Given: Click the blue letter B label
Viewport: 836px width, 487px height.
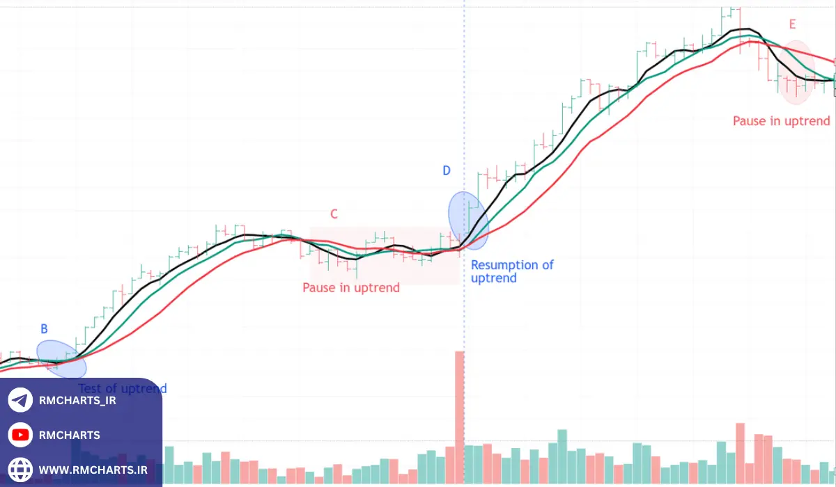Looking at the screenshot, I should tap(44, 329).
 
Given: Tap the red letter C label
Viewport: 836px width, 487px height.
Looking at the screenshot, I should tap(334, 214).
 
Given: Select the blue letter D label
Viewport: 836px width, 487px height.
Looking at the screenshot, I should tap(447, 170).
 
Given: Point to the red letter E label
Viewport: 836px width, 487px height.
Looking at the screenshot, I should tap(792, 25).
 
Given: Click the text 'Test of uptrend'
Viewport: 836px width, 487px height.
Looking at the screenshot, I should tap(123, 388).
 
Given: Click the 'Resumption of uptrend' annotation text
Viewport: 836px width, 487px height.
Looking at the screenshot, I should tap(512, 271).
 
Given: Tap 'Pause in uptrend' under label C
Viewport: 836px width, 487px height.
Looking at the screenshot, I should tap(351, 287).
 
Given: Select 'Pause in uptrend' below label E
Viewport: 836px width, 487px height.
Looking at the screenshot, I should tap(781, 121).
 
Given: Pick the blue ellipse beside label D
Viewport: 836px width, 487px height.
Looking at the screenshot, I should tap(467, 220).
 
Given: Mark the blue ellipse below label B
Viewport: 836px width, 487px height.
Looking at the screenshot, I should tap(66, 358).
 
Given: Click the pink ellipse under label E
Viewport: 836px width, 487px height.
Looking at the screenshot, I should tap(796, 73).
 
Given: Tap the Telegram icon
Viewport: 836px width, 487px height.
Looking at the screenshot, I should tap(21, 400).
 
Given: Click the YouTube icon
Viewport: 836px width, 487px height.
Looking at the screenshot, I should tap(21, 436).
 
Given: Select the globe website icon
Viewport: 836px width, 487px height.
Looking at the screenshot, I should tap(21, 470).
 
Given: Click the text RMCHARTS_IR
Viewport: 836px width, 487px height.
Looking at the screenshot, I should tap(77, 401).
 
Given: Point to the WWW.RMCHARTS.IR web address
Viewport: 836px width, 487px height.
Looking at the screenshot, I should tap(93, 470).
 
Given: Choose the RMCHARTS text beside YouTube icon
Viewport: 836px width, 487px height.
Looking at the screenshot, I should tap(70, 436).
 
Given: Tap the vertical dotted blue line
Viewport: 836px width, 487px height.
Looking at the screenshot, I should tap(464, 104).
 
